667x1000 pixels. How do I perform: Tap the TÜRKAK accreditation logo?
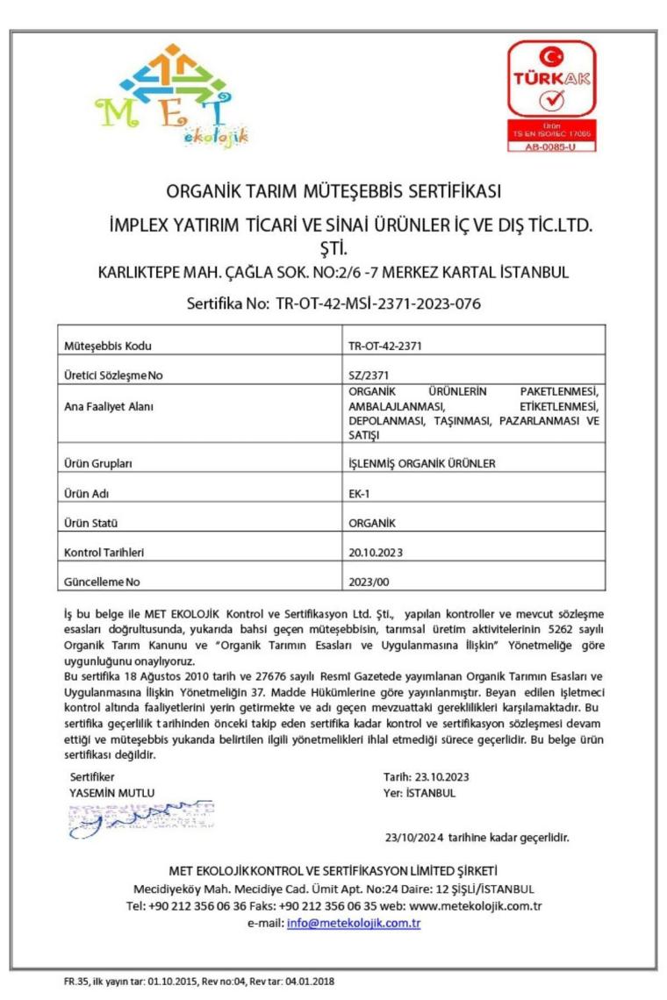tap(551, 96)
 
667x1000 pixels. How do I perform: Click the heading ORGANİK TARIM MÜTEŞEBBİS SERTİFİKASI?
tap(333, 190)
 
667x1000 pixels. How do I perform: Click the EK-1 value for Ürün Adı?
tap(359, 493)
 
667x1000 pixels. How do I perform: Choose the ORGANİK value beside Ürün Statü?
tap(372, 523)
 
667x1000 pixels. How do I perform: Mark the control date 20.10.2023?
tap(376, 553)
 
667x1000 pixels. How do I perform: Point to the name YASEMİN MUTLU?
tap(111, 792)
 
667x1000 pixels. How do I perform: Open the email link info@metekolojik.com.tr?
tap(354, 924)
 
